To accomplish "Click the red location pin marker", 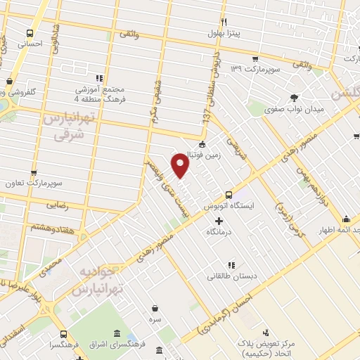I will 181,165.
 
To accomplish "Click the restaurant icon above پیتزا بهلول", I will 224,21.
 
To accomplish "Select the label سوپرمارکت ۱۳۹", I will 257,72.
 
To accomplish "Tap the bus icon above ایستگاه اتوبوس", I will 229,195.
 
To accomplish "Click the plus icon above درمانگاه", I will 219,221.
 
